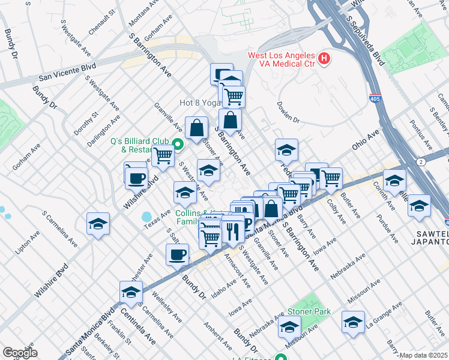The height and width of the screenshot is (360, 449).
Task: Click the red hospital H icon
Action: pyautogui.click(x=324, y=58)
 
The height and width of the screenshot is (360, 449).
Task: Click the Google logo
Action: pyautogui.click(x=20, y=353)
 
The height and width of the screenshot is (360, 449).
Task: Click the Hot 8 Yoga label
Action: pyautogui.click(x=199, y=103)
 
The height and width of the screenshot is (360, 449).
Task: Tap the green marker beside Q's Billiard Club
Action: pyautogui.click(x=178, y=144)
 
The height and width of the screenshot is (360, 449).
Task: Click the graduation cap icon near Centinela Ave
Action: pyautogui.click(x=130, y=292)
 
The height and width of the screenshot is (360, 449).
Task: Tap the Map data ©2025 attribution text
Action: pyautogui.click(x=423, y=355)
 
